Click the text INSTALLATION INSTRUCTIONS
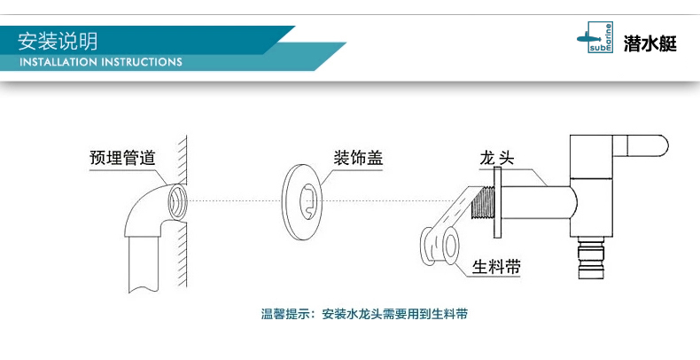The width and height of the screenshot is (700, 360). [x=100, y=63]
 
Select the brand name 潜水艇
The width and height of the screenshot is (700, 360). [x=651, y=43]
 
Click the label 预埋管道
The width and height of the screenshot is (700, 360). [x=121, y=159]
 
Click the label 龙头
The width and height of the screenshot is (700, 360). [x=497, y=159]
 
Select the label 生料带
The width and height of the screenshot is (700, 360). [x=496, y=266]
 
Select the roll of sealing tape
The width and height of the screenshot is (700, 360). [x=442, y=246]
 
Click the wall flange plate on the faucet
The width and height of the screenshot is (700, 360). [x=499, y=203]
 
